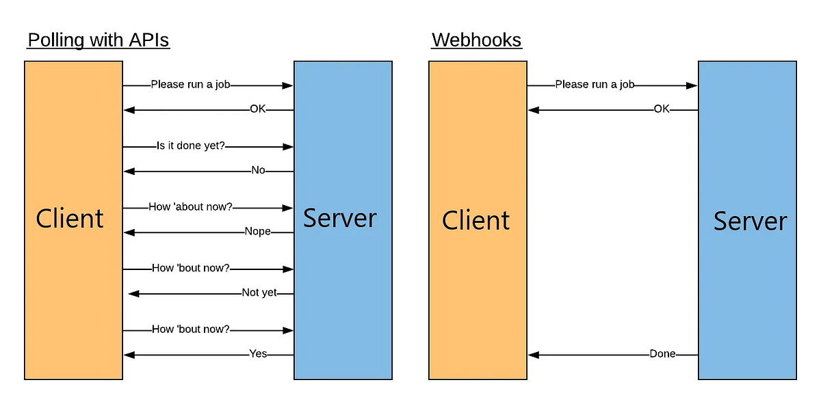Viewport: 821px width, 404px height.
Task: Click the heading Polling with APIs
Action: tap(98, 40)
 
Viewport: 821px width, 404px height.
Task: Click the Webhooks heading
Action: tap(476, 40)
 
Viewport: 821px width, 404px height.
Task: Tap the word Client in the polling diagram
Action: tap(70, 219)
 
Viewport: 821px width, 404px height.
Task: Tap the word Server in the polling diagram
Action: tap(339, 218)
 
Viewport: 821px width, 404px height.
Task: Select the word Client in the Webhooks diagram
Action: tap(475, 221)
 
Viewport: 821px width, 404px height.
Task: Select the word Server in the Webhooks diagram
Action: tap(750, 221)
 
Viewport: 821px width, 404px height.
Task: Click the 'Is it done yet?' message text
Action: tap(191, 146)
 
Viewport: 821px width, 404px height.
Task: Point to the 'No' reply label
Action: tap(258, 171)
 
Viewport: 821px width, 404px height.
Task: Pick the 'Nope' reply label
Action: tap(258, 232)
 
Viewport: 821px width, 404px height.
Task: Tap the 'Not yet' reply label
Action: tap(259, 293)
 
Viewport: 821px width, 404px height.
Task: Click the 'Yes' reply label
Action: tap(258, 354)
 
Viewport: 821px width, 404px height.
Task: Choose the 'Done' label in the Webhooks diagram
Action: tap(662, 354)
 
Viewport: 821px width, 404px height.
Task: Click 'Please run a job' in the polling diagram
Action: tap(190, 85)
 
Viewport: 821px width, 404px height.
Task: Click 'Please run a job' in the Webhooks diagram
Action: tap(595, 85)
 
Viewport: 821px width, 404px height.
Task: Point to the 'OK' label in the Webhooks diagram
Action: tap(662, 109)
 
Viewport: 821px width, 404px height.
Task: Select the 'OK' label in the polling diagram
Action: tap(257, 109)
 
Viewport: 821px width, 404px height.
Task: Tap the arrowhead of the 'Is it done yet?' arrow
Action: tap(288, 147)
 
